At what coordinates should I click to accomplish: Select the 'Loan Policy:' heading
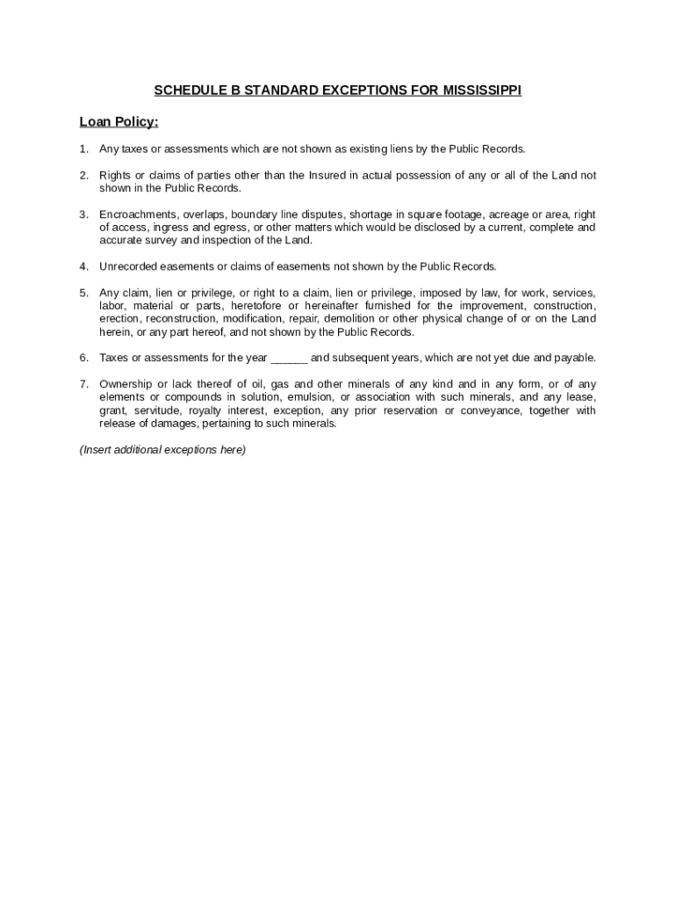[x=119, y=122]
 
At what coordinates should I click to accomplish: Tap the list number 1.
[x=83, y=149]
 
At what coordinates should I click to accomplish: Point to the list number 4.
[x=83, y=266]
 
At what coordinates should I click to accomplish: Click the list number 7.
[x=83, y=384]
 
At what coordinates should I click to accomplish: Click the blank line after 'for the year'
[x=289, y=358]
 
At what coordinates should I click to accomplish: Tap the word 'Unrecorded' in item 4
[x=127, y=266]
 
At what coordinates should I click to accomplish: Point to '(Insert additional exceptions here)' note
[x=162, y=450]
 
